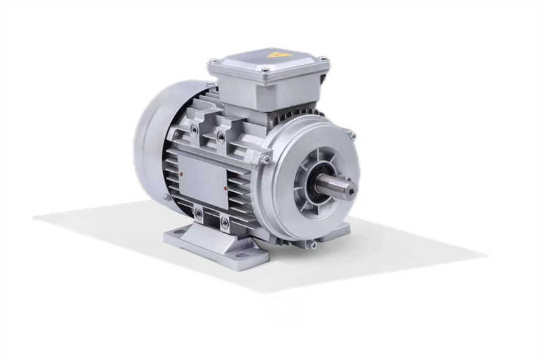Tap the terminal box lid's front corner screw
point(266,70)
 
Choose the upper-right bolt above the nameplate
point(221,137)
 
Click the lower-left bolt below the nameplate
point(198,214)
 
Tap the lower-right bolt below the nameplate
point(225,222)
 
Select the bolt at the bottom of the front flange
point(312,244)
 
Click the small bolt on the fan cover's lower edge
point(166,198)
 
